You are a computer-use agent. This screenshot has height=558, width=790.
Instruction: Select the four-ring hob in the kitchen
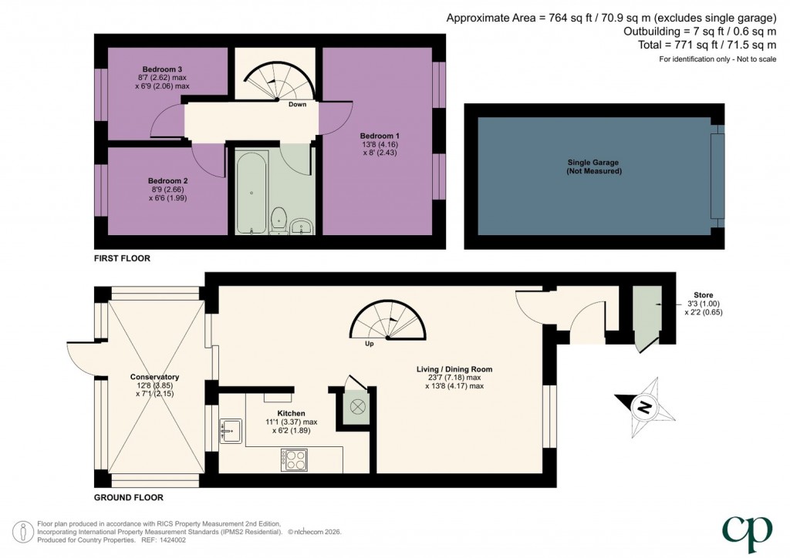(295, 459)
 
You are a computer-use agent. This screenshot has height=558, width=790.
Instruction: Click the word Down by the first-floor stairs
(297, 104)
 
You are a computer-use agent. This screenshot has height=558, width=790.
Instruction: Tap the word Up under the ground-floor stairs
(370, 344)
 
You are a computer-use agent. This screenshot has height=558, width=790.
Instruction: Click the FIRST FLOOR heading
(122, 259)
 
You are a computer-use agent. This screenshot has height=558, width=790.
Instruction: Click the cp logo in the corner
(746, 530)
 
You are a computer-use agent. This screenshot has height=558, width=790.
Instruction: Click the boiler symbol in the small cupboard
(357, 406)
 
